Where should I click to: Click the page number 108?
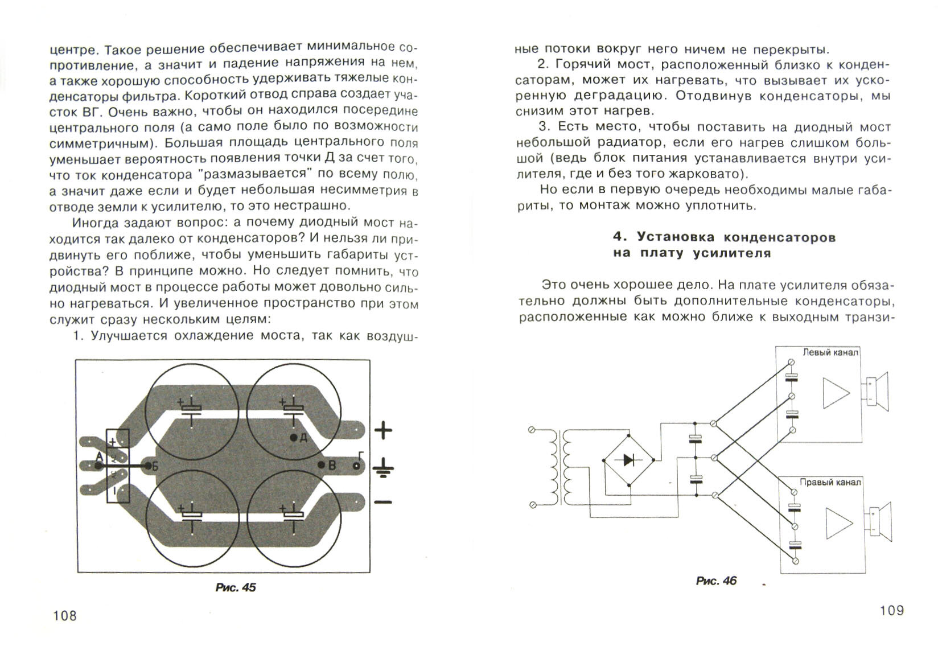pyautogui.click(x=64, y=615)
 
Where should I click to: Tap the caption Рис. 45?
pyautogui.click(x=236, y=587)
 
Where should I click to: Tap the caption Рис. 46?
pyautogui.click(x=716, y=581)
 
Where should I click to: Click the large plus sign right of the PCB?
pyautogui.click(x=382, y=430)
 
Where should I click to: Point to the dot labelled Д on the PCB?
pyautogui.click(x=294, y=438)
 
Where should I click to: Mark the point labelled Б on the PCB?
pyautogui.click(x=149, y=466)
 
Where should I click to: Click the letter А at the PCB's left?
pyautogui.click(x=100, y=457)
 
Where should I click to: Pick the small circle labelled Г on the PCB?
pyautogui.click(x=357, y=466)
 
